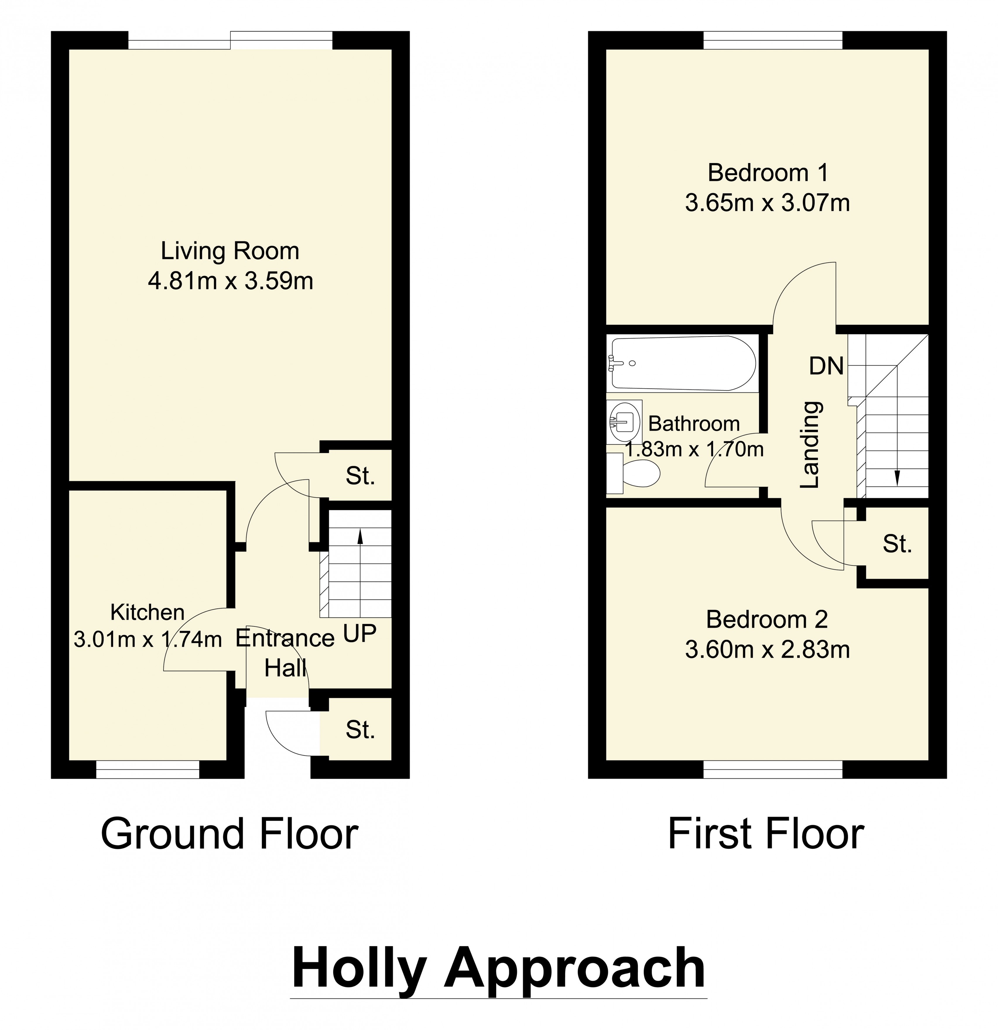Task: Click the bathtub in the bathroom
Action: click(683, 363)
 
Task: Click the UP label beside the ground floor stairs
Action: click(360, 634)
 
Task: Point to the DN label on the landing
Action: click(826, 366)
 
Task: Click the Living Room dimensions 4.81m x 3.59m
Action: click(230, 281)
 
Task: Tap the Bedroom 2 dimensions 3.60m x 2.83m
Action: click(767, 650)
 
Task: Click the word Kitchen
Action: click(148, 613)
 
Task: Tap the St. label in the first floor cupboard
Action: click(897, 544)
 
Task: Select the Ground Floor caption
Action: click(230, 834)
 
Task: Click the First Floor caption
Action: click(766, 834)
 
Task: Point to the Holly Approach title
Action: click(498, 968)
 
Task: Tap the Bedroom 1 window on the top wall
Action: click(773, 40)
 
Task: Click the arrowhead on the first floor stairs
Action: click(897, 477)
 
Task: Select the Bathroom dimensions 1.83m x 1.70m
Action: click(694, 449)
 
